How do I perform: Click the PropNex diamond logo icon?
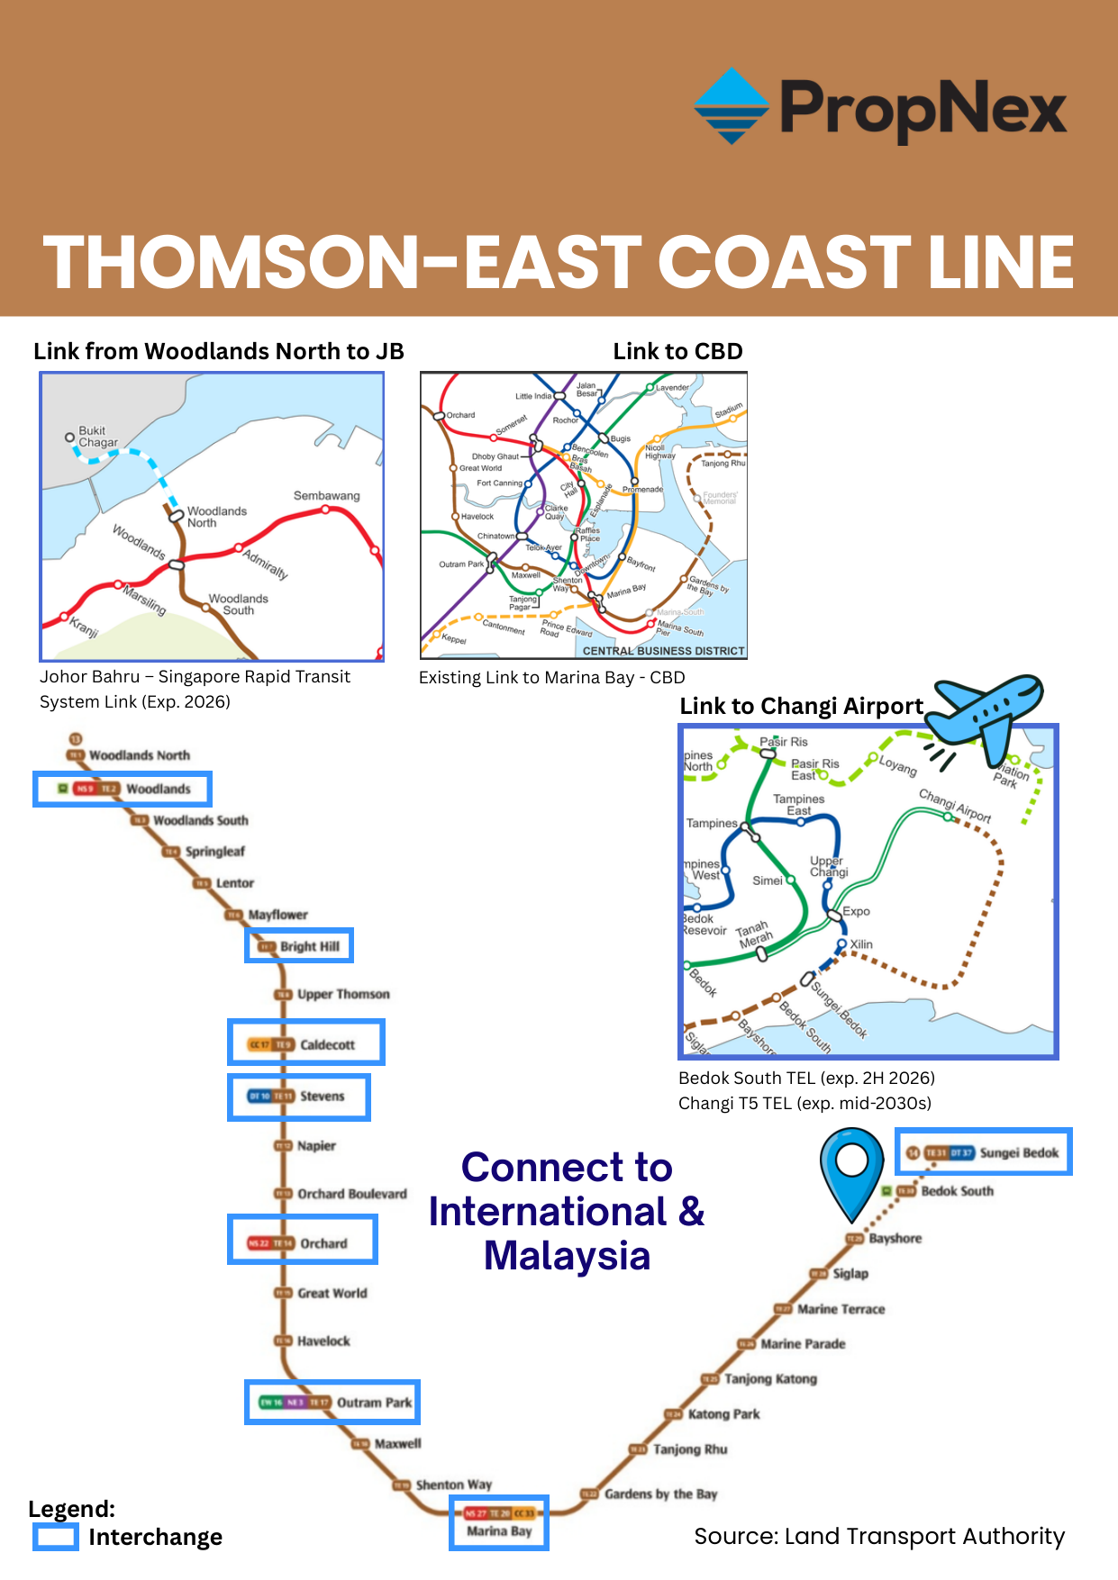point(732,106)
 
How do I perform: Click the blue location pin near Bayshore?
point(851,1169)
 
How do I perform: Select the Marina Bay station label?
point(499,1530)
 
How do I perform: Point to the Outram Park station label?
point(374,1403)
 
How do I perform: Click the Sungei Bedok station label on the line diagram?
point(1019,1152)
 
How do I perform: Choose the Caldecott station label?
point(327,1044)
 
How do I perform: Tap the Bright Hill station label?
point(309,946)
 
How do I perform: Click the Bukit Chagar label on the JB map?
point(97,437)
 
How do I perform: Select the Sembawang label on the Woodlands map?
point(326,496)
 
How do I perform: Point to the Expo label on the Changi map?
point(856,911)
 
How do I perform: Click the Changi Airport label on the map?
point(955,805)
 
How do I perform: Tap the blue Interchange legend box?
point(56,1536)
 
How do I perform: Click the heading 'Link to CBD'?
point(677,351)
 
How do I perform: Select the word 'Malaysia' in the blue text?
point(567,1256)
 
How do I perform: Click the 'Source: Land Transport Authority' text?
point(879,1536)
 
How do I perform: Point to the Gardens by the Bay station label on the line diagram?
point(660,1494)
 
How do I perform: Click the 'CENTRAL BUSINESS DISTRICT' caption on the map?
point(663,651)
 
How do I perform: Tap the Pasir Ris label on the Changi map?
point(784,742)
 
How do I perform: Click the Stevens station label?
point(322,1096)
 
